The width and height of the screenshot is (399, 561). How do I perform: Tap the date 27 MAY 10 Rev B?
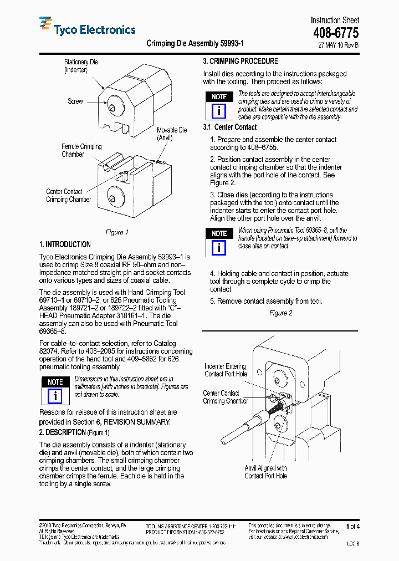[338, 45]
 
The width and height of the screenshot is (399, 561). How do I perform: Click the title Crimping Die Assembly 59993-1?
[195, 43]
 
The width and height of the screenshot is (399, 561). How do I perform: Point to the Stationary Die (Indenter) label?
[81, 66]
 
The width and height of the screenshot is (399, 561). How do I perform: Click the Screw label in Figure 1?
[75, 101]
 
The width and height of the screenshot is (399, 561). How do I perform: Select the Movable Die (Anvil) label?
[171, 134]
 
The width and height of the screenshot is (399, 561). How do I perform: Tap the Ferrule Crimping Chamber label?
[81, 150]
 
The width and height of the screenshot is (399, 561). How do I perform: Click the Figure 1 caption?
[117, 232]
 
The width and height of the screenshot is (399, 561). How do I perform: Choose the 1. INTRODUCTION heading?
[65, 244]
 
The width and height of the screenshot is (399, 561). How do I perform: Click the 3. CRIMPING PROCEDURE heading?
[241, 62]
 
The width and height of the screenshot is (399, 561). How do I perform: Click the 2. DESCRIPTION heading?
[62, 432]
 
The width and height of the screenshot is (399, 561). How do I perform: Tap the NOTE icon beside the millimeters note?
[55, 390]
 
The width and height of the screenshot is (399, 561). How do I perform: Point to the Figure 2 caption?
[280, 313]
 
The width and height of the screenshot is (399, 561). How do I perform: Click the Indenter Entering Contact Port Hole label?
[226, 370]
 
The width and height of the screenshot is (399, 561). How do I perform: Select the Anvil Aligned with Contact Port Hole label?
[265, 472]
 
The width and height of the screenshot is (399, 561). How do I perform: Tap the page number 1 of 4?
[352, 526]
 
